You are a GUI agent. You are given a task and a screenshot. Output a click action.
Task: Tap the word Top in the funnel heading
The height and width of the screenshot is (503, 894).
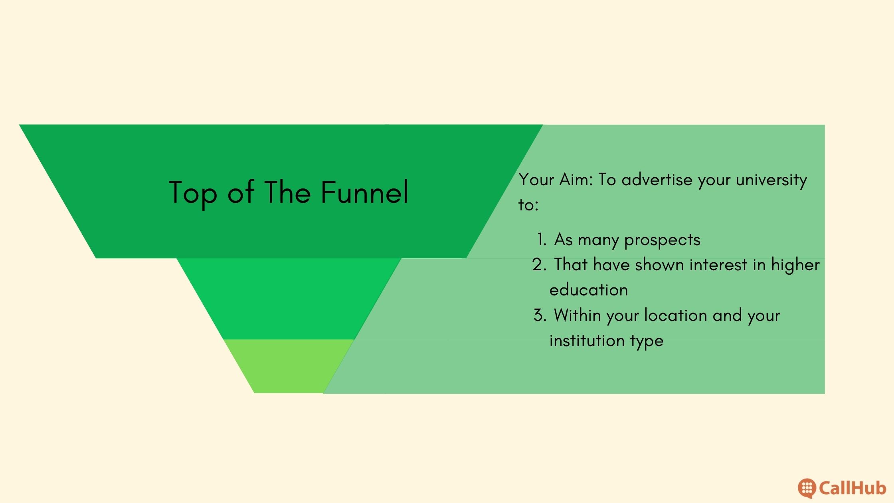pyautogui.click(x=193, y=194)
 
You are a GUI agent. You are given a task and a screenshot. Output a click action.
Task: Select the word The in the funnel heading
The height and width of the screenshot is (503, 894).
pyautogui.click(x=287, y=192)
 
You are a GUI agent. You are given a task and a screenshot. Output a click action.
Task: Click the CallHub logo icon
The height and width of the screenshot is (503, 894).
pyautogui.click(x=807, y=488)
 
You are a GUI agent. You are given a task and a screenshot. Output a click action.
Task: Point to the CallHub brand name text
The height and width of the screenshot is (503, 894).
pyautogui.click(x=852, y=488)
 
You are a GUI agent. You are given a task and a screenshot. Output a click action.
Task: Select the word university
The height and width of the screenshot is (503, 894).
pyautogui.click(x=771, y=181)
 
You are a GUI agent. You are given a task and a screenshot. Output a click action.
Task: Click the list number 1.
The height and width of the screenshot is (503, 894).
pyautogui.click(x=542, y=240)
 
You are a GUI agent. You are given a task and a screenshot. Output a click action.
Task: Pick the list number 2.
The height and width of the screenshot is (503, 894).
pyautogui.click(x=539, y=265)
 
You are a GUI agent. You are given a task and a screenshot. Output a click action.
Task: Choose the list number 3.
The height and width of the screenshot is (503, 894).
pyautogui.click(x=540, y=315)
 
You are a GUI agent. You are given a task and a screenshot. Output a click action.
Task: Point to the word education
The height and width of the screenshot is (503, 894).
pyautogui.click(x=589, y=290)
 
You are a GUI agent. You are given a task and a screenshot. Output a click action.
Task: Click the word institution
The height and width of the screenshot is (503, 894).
pyautogui.click(x=587, y=341)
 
